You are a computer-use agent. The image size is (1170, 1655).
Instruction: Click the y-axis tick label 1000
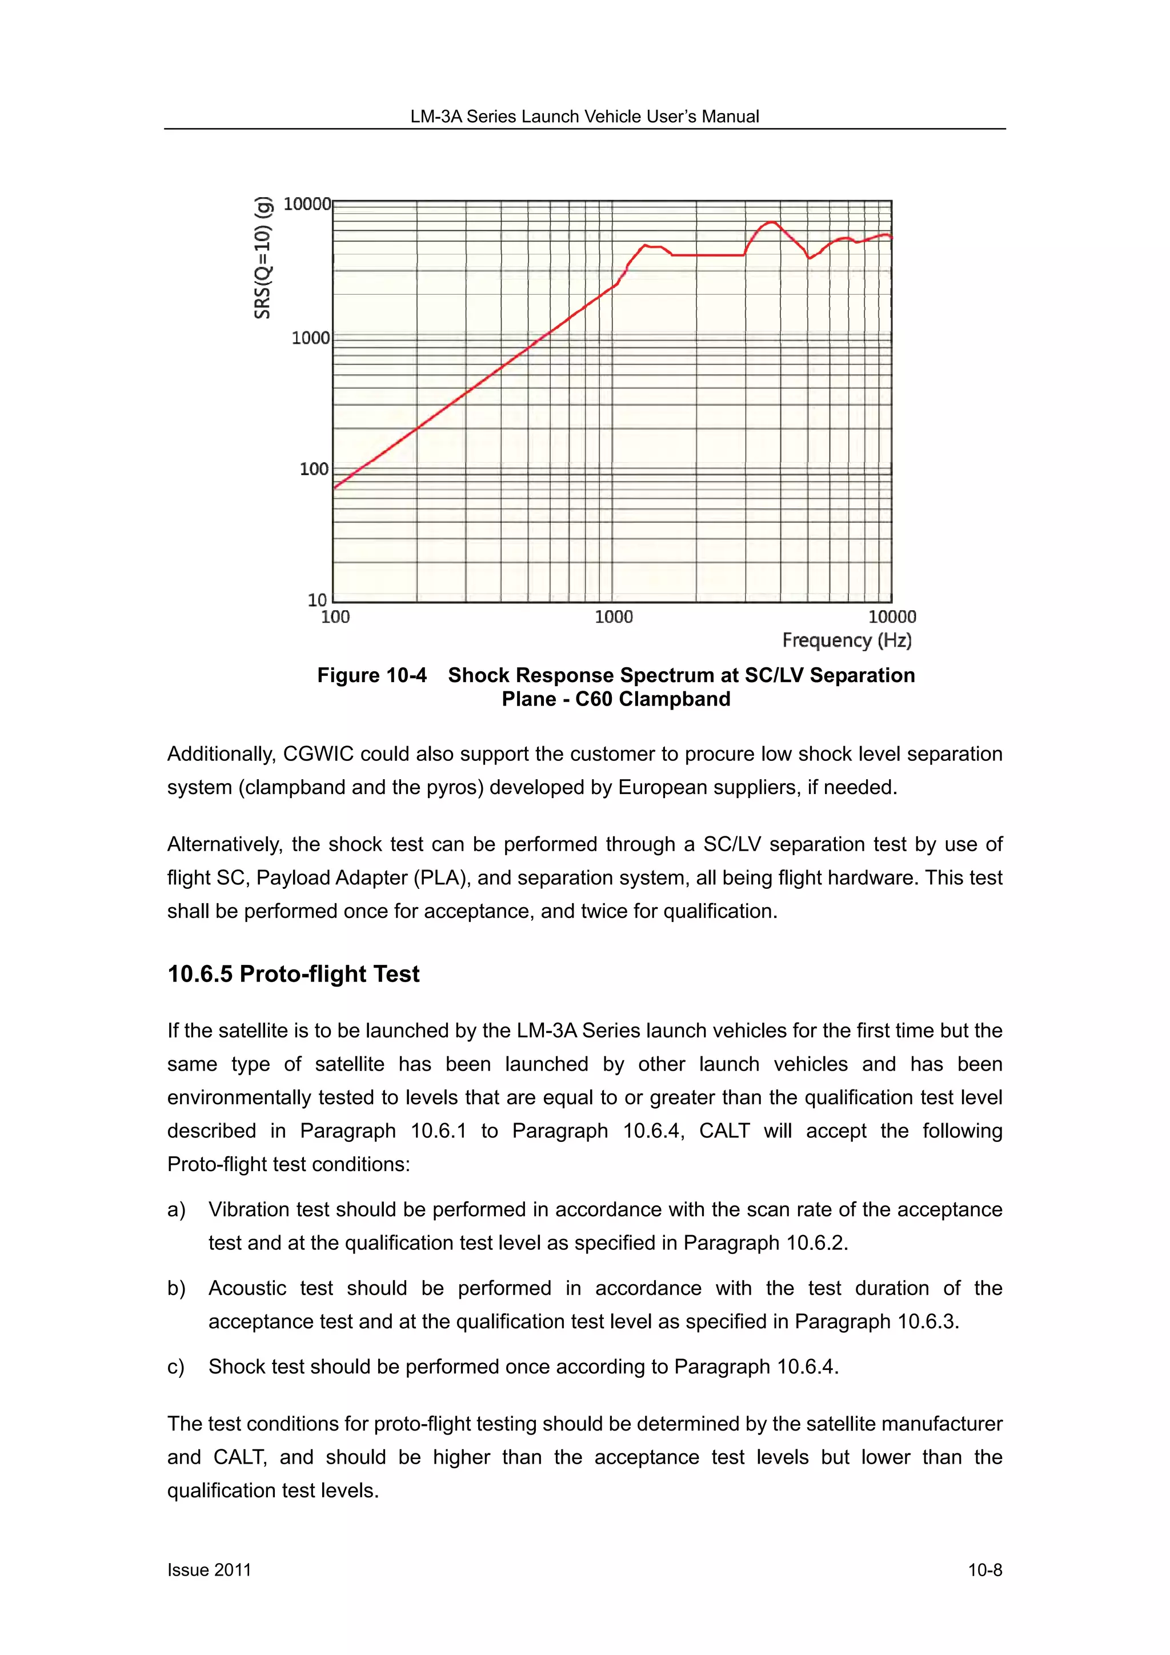pos(310,338)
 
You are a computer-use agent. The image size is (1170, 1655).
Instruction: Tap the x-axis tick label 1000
pos(614,617)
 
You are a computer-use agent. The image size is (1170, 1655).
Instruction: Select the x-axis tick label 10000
pos(892,617)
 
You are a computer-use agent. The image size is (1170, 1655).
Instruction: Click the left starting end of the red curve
pos(335,488)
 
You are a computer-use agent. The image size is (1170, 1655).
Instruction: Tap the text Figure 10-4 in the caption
pos(371,675)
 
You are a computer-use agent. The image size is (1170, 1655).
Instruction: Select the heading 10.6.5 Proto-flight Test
pos(294,974)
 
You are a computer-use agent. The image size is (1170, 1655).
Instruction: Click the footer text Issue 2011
pos(209,1570)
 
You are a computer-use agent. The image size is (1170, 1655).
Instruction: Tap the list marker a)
pos(176,1209)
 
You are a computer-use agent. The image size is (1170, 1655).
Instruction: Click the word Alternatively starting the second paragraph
pos(223,844)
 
